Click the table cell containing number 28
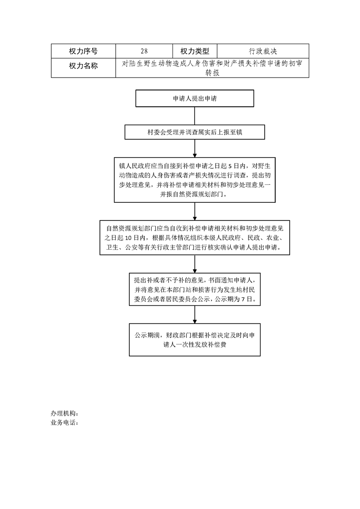pos(144,51)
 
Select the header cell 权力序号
pos(83,51)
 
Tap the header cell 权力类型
pos(195,51)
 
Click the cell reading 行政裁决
pos(263,51)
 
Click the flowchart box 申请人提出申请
pos(195,98)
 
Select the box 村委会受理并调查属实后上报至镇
pos(195,132)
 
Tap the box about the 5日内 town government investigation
pos(195,180)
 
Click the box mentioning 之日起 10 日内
pos(195,238)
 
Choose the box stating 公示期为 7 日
pos(195,289)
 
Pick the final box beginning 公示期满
pos(195,339)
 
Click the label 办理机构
pos(64,413)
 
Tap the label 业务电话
pos(64,423)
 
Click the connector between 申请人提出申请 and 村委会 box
pos(195,116)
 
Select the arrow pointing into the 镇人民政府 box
pos(195,148)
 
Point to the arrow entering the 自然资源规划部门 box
pos(195,212)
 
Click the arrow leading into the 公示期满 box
pos(195,314)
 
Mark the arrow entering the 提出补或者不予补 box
pos(195,264)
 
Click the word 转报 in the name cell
pos(212,73)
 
